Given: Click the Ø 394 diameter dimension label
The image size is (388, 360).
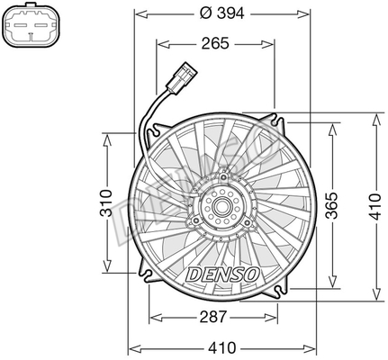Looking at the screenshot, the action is [222, 13].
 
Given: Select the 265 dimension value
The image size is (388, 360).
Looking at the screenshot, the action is [215, 43].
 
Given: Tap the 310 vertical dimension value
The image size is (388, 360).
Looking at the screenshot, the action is [106, 202].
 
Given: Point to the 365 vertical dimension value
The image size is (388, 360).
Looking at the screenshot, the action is [332, 205].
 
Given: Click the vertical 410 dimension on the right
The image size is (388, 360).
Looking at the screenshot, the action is [376, 207].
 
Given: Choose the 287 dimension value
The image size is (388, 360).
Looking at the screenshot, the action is [213, 317].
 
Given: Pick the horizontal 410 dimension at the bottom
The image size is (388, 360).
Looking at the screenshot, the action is [222, 347].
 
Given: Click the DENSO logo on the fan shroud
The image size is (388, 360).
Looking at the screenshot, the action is [222, 274].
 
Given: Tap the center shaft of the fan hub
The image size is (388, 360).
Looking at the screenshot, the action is [222, 206].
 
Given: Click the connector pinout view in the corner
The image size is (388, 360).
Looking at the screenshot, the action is [32, 24].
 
